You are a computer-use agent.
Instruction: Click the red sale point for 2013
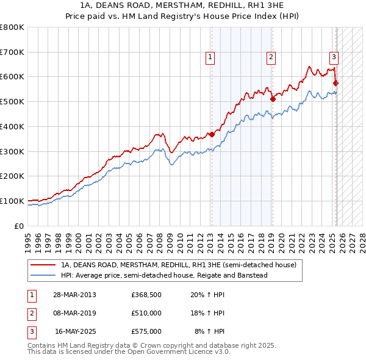click(x=212, y=134)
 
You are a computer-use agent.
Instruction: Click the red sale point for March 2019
click(x=273, y=99)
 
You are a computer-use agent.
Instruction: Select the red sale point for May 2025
click(x=336, y=83)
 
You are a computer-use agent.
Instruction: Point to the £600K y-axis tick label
click(x=12, y=77)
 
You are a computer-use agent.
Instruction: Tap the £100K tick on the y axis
click(x=12, y=201)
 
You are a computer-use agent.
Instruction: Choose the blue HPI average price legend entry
click(x=164, y=275)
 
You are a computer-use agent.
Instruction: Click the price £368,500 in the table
click(x=146, y=295)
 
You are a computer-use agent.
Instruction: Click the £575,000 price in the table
click(x=146, y=331)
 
